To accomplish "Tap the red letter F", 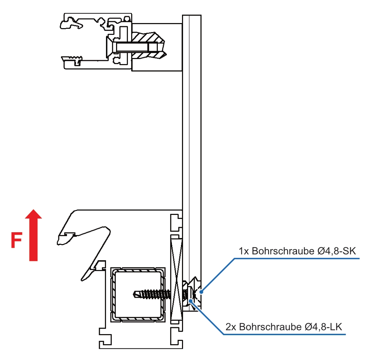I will pos(16,241).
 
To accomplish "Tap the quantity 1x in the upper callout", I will pos(244,251).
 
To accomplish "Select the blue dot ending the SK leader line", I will pos(202,292).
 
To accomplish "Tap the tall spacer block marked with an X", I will pos(177,277).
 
